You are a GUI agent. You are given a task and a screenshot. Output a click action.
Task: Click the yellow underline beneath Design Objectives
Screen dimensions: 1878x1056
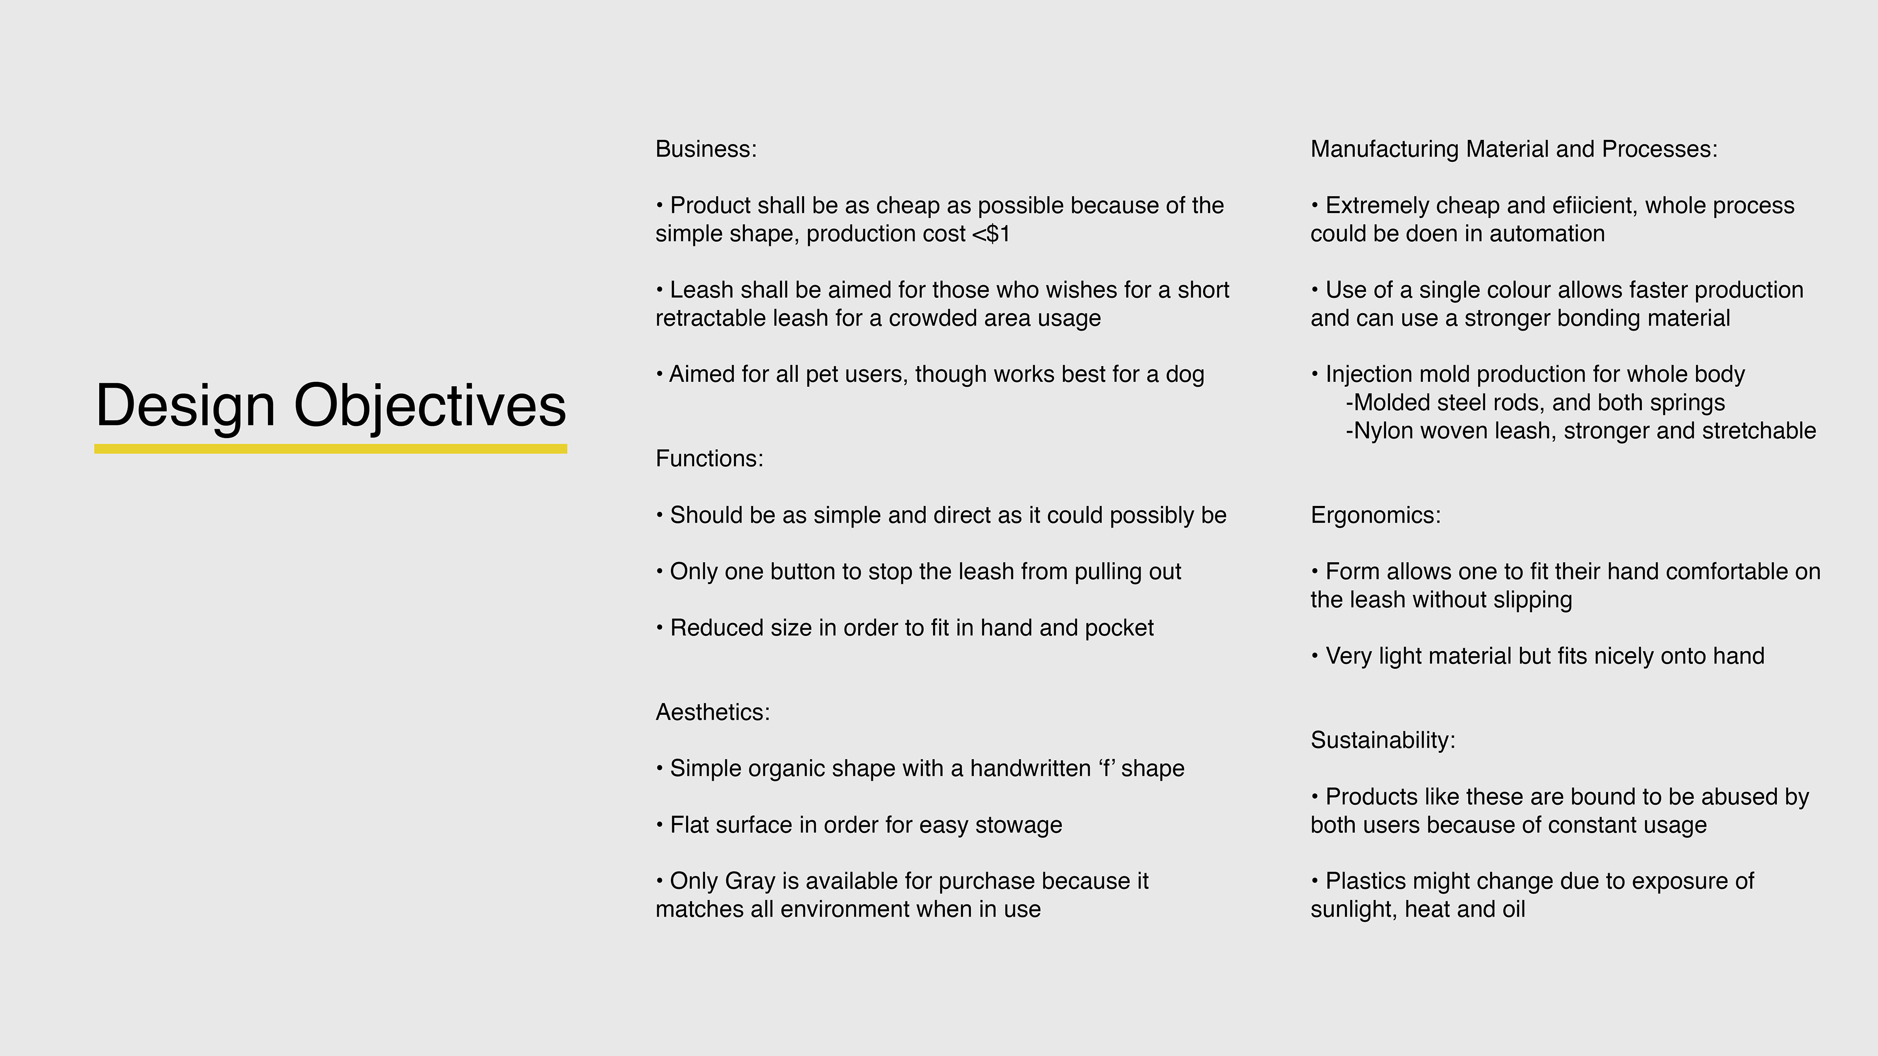point(330,449)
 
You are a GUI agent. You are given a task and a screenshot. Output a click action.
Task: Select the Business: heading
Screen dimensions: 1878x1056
point(706,149)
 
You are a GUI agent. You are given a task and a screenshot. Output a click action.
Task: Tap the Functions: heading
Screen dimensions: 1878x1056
point(709,459)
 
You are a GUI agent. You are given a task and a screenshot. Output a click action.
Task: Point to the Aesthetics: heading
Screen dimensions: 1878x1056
point(712,712)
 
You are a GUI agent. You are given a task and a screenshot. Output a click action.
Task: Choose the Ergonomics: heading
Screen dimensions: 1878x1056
point(1375,515)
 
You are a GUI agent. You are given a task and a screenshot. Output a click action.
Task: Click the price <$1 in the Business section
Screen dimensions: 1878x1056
point(991,234)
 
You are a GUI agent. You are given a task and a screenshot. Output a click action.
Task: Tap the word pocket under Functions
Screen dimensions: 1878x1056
point(1119,628)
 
